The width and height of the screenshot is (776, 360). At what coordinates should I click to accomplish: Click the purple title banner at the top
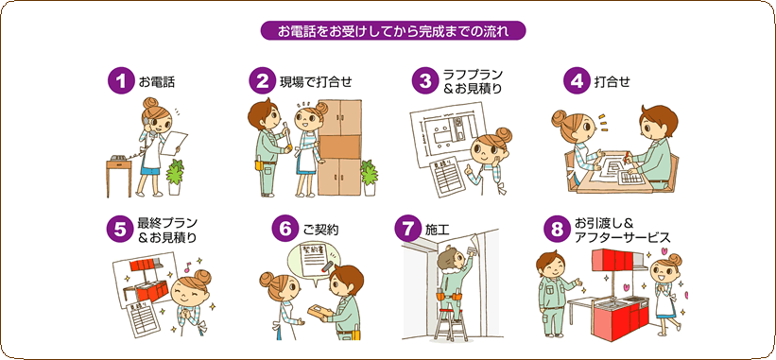[393, 30]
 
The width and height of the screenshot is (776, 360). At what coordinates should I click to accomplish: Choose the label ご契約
[320, 231]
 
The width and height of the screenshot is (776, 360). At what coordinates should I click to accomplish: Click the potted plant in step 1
[175, 177]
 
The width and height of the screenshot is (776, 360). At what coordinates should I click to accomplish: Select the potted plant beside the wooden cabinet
[369, 178]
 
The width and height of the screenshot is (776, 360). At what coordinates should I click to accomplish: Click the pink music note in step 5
[187, 269]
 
